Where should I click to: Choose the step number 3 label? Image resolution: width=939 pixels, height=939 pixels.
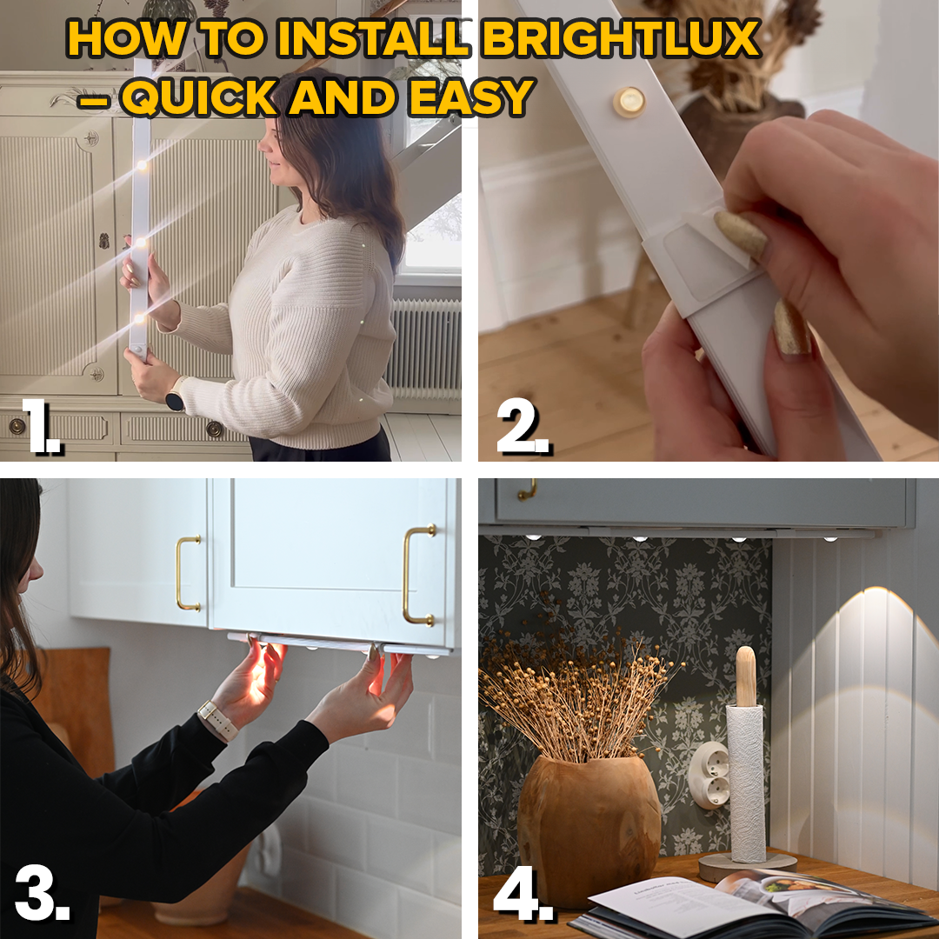[42, 896]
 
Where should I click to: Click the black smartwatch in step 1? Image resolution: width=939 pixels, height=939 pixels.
[175, 401]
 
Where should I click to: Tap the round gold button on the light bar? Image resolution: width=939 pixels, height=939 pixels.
[629, 102]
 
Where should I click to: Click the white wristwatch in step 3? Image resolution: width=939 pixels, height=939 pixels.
[217, 720]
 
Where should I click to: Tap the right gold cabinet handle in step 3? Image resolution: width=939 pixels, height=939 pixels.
[419, 576]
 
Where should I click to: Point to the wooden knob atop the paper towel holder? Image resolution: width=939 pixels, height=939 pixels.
[746, 676]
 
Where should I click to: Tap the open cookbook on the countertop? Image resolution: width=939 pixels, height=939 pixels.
[739, 904]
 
